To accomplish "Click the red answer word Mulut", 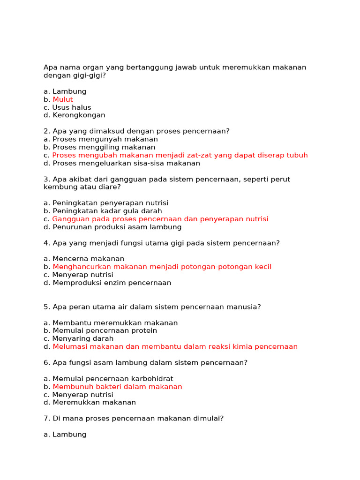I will tap(63, 99).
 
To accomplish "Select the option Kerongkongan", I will tap(79, 115).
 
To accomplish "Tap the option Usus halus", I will tap(72, 107).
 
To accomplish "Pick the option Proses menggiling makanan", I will tap(104, 147).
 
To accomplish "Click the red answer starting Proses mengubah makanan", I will tap(180, 155).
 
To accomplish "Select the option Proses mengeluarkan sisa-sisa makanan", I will tap(126, 163).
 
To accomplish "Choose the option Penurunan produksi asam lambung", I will tap(117, 227).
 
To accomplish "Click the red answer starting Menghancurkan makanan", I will tap(162, 267).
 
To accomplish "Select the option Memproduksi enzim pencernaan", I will tap(112, 283).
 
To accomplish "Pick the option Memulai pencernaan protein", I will tap(105, 330).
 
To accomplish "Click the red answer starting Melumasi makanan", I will tap(175, 347).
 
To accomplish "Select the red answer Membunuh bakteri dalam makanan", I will tap(117, 387).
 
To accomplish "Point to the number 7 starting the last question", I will tap(45, 418).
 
